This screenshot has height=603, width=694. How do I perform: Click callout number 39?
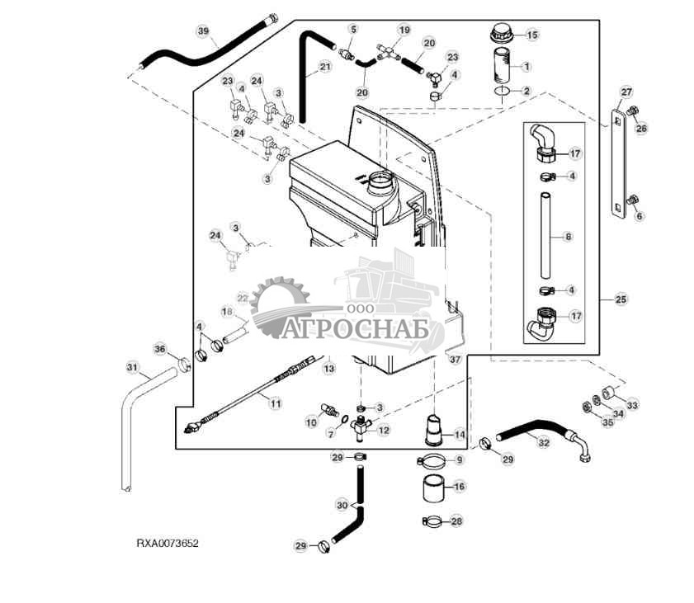[x=203, y=31]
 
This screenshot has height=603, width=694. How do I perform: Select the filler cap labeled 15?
[x=503, y=35]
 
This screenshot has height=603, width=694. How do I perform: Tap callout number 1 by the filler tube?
[x=526, y=66]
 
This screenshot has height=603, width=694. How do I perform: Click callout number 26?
[x=641, y=128]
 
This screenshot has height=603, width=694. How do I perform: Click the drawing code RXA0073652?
[x=168, y=544]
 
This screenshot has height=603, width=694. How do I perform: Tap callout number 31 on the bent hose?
[x=131, y=366]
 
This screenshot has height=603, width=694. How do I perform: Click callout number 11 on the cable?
[x=275, y=403]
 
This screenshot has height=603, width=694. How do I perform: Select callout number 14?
[x=459, y=434]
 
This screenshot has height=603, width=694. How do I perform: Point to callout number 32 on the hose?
[x=543, y=442]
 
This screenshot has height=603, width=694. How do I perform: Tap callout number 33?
[x=632, y=405]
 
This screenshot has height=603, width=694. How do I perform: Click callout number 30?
[x=342, y=505]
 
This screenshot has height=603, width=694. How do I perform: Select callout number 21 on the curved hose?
[x=324, y=67]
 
